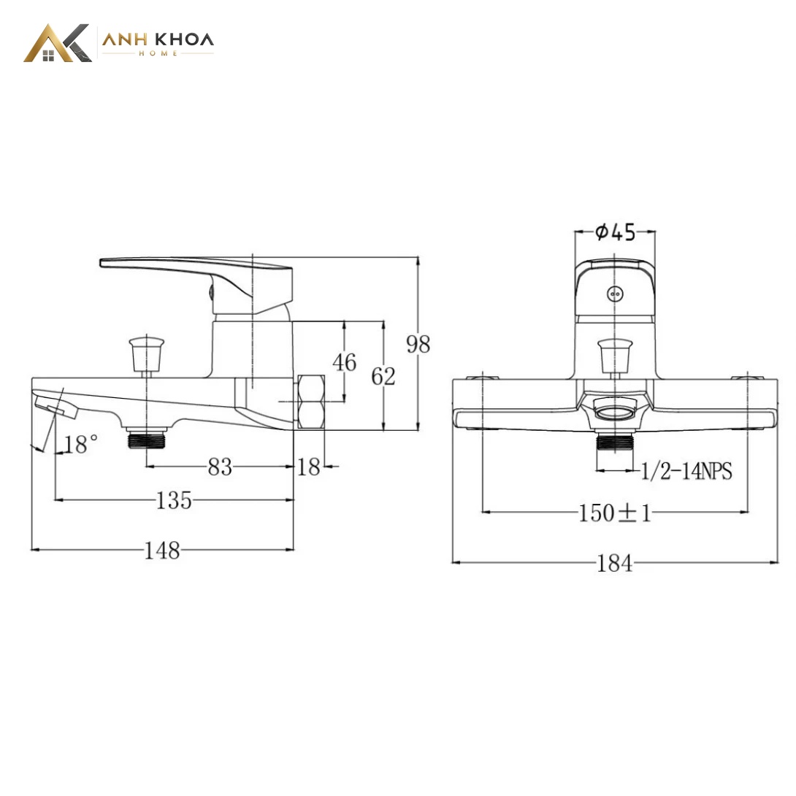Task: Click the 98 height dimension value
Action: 418,344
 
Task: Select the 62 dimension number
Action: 383,376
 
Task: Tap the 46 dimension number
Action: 344,362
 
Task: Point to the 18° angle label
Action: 81,444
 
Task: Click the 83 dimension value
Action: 220,467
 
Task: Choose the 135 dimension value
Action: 174,500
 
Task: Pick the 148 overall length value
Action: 162,551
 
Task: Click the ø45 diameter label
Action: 615,232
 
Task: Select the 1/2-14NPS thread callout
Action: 686,471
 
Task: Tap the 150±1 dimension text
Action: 615,513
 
